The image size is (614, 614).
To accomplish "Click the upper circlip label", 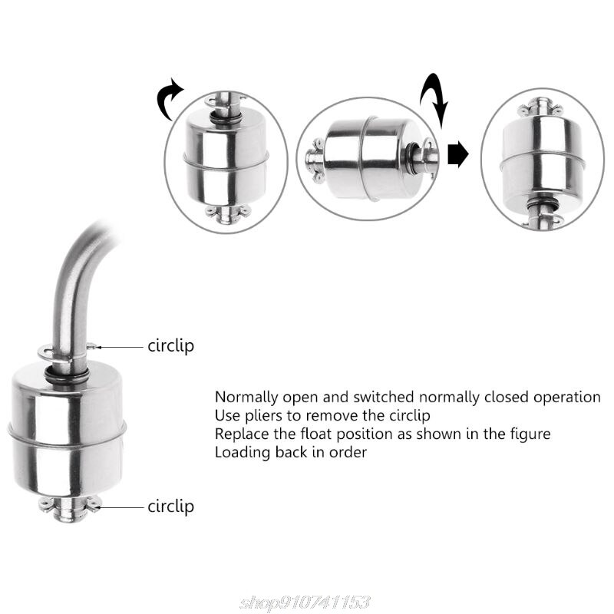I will pyautogui.click(x=170, y=345).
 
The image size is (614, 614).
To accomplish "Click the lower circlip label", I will pyautogui.click(x=170, y=507).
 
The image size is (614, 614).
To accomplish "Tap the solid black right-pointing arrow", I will pyautogui.click(x=458, y=153).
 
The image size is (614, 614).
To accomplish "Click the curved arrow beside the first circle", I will pyautogui.click(x=170, y=100).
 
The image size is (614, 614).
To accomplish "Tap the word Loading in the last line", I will pyautogui.click(x=240, y=452).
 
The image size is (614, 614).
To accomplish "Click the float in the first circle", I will pyautogui.click(x=226, y=157).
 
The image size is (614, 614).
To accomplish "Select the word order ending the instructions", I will pyautogui.click(x=350, y=452).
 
